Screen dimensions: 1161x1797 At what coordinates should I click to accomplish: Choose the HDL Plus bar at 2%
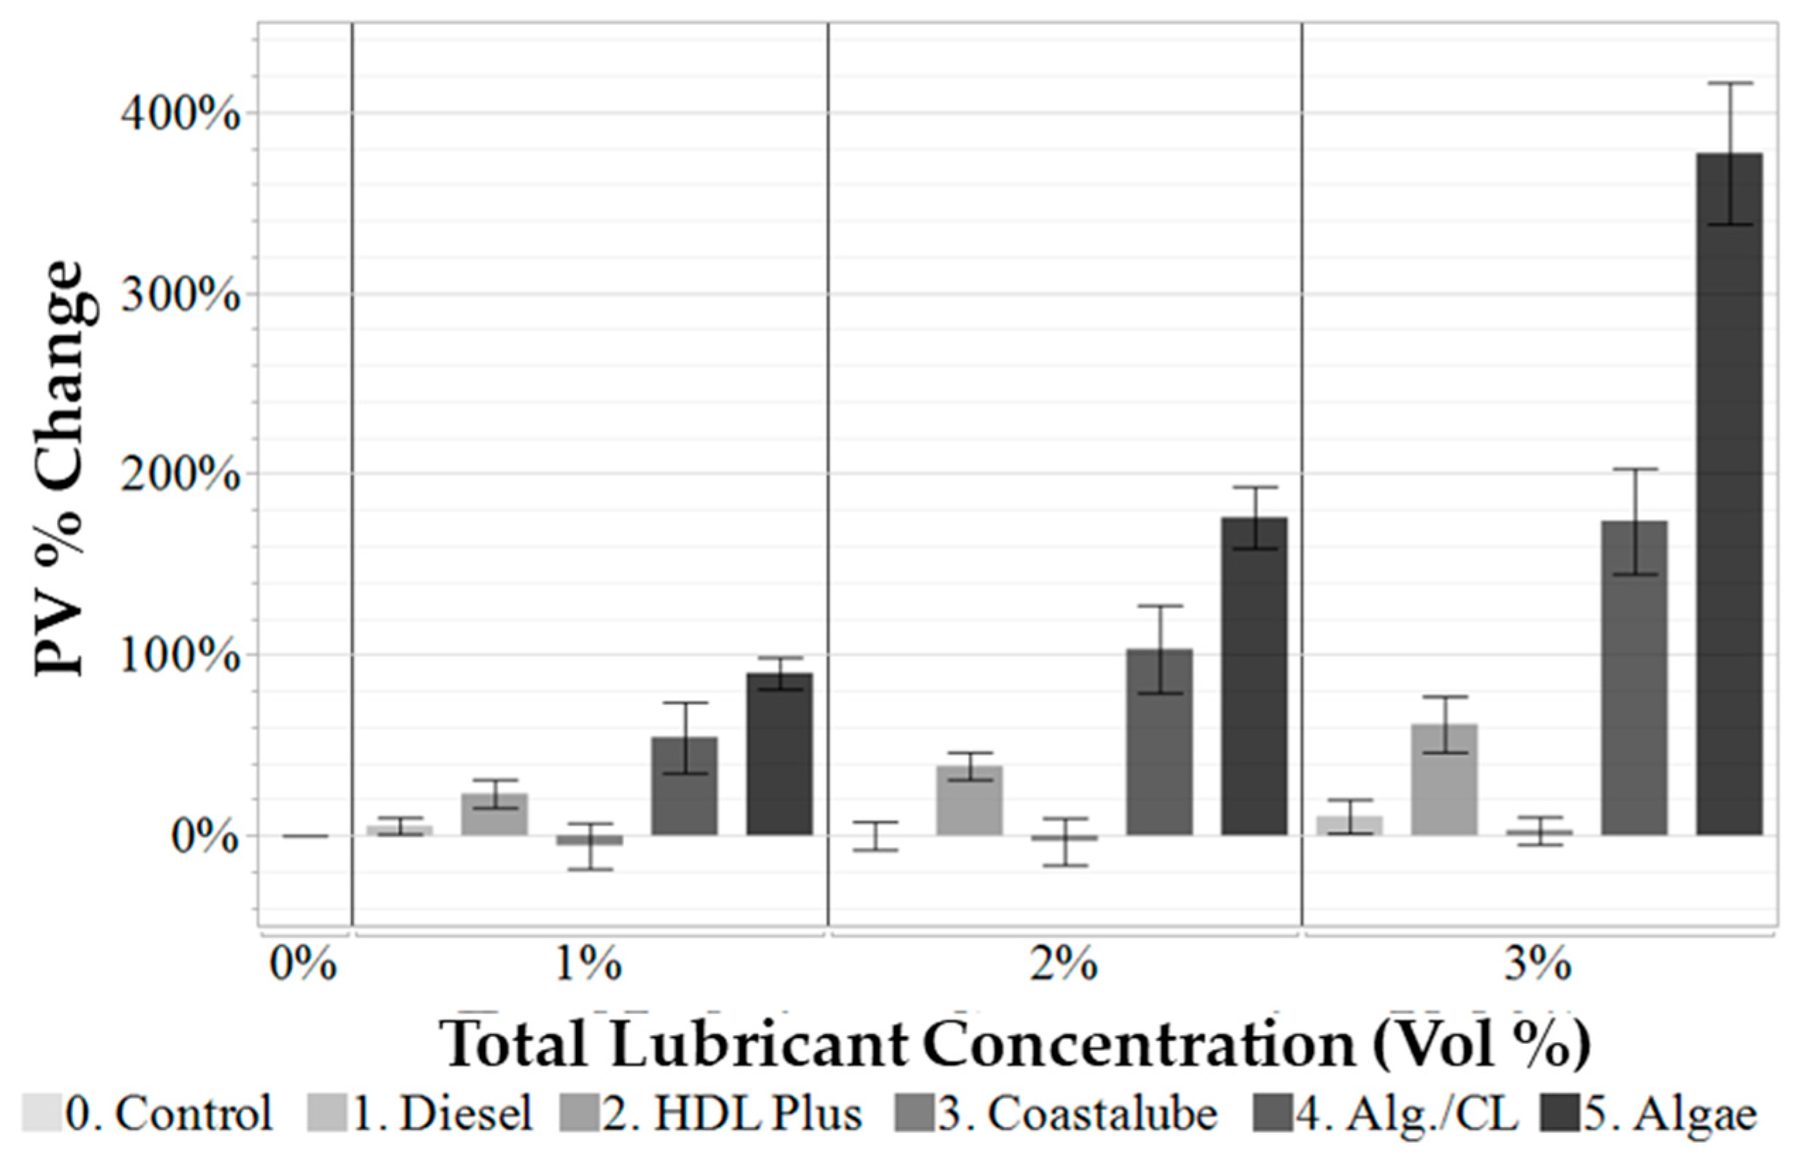969,799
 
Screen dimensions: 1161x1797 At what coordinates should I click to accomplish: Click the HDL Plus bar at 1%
494,814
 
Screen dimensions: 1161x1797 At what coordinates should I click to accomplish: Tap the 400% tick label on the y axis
179,115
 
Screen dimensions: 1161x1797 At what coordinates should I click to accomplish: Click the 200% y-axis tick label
179,476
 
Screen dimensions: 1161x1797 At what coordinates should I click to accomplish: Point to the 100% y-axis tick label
179,656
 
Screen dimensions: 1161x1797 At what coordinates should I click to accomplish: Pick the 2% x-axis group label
1064,965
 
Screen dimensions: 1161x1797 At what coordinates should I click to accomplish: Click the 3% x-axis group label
1538,965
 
